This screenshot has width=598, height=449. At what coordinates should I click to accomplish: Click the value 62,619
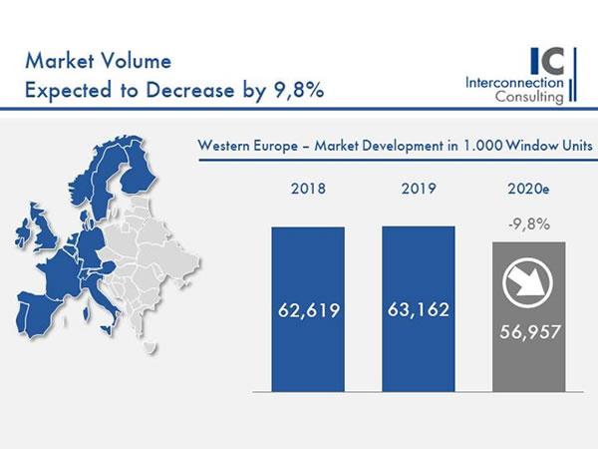click(308, 310)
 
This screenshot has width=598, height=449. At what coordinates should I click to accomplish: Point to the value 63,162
click(419, 310)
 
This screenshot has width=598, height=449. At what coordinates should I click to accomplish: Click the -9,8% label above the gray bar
click(529, 224)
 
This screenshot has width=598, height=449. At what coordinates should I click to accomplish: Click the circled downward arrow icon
click(529, 283)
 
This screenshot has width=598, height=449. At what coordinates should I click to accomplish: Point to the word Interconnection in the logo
click(514, 83)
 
